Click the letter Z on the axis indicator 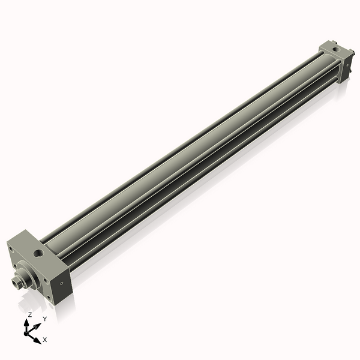(30, 314)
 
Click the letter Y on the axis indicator (45, 319)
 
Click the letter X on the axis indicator (45, 340)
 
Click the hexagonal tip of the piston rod (16, 280)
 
